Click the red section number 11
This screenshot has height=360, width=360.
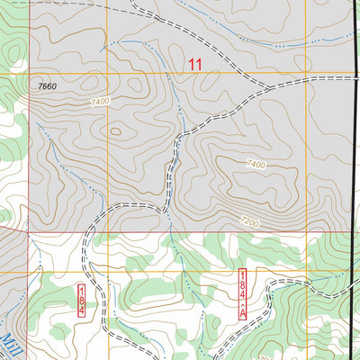[195, 64]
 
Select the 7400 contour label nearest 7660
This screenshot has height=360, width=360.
[100, 102]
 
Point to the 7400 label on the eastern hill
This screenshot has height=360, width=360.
[256, 164]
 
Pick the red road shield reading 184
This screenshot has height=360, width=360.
[81, 299]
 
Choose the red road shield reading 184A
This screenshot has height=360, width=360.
[242, 293]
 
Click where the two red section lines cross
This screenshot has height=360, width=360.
[29, 231]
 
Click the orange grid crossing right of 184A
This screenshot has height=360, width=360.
[306, 272]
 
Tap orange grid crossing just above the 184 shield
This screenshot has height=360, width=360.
[107, 272]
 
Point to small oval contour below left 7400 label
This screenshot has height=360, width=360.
[115, 131]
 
